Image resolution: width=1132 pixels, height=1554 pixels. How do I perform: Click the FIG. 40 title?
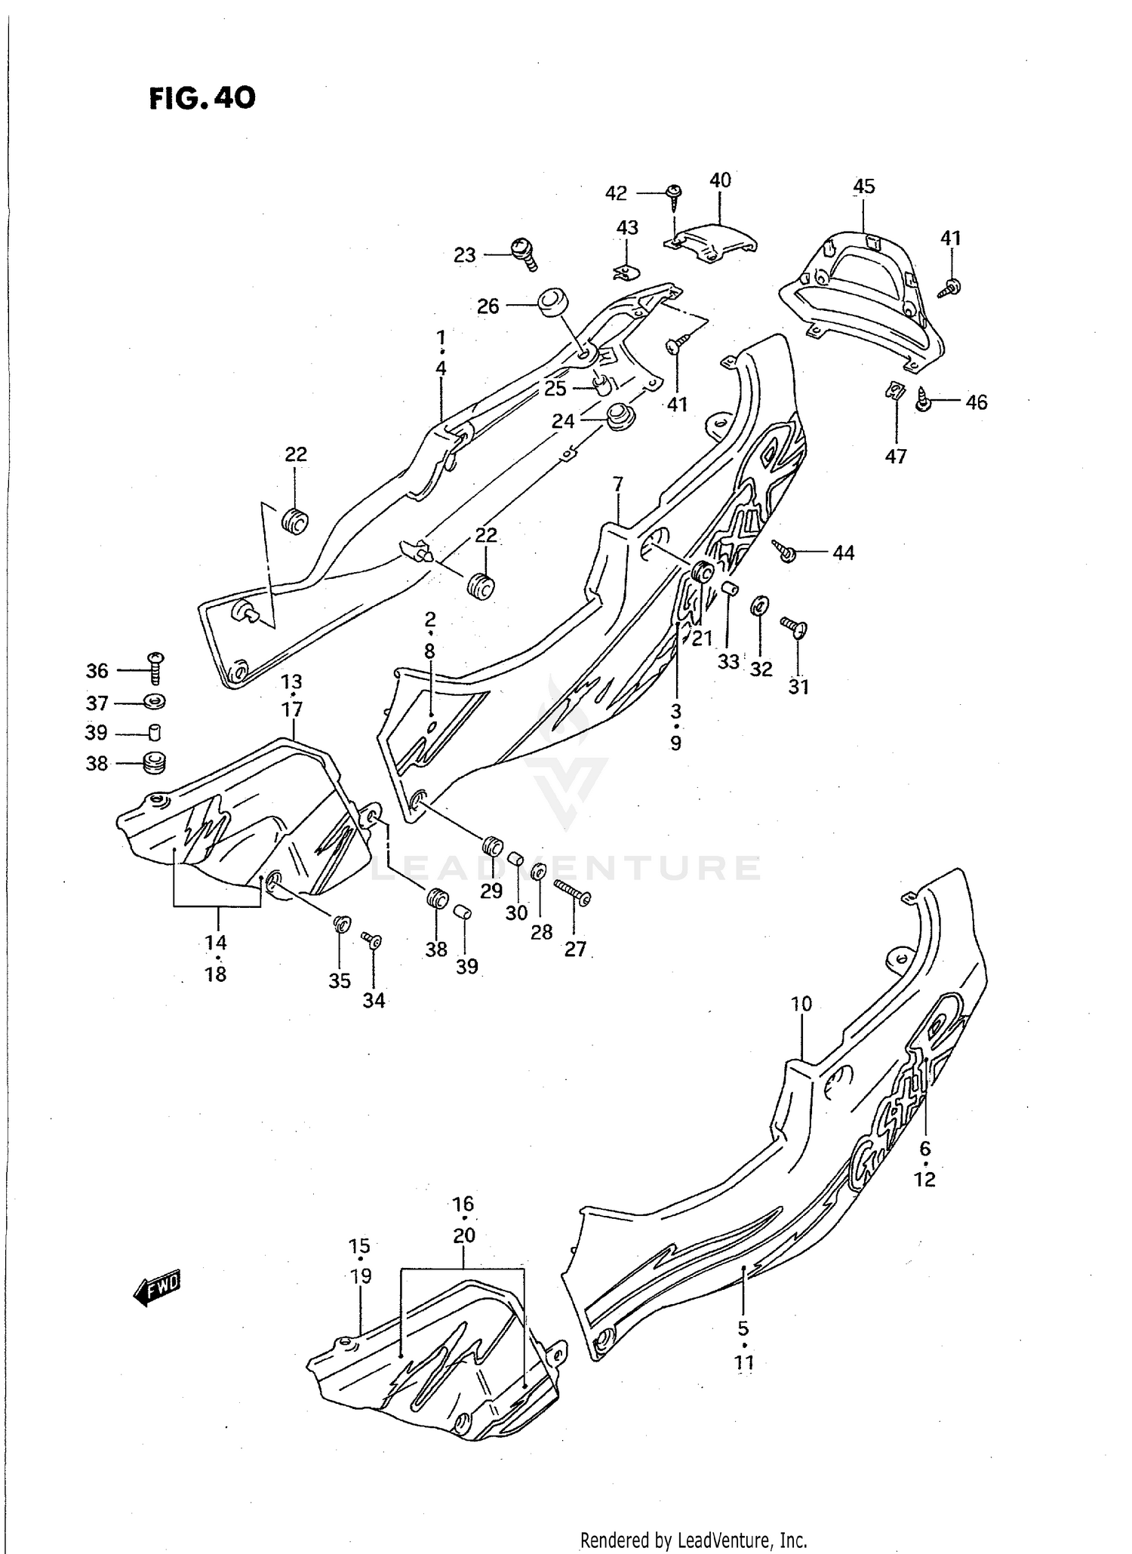pyautogui.click(x=202, y=97)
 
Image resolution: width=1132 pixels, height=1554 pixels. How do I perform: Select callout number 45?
pyautogui.click(x=863, y=186)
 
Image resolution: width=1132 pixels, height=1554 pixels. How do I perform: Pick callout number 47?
pyautogui.click(x=896, y=456)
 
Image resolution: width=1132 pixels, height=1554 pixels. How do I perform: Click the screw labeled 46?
pyautogui.click(x=924, y=400)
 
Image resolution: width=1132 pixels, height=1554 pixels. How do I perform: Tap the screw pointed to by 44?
pyautogui.click(x=785, y=551)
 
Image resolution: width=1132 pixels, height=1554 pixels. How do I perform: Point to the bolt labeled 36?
pyautogui.click(x=156, y=668)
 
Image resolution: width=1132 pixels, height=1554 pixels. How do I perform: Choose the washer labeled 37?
pyautogui.click(x=155, y=702)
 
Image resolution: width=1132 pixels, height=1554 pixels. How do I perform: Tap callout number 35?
pyautogui.click(x=340, y=980)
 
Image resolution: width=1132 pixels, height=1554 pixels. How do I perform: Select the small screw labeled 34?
pyautogui.click(x=372, y=940)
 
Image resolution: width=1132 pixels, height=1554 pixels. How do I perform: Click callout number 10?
pyautogui.click(x=801, y=1004)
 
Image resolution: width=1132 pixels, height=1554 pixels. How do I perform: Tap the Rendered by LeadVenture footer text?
pyautogui.click(x=694, y=1540)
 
